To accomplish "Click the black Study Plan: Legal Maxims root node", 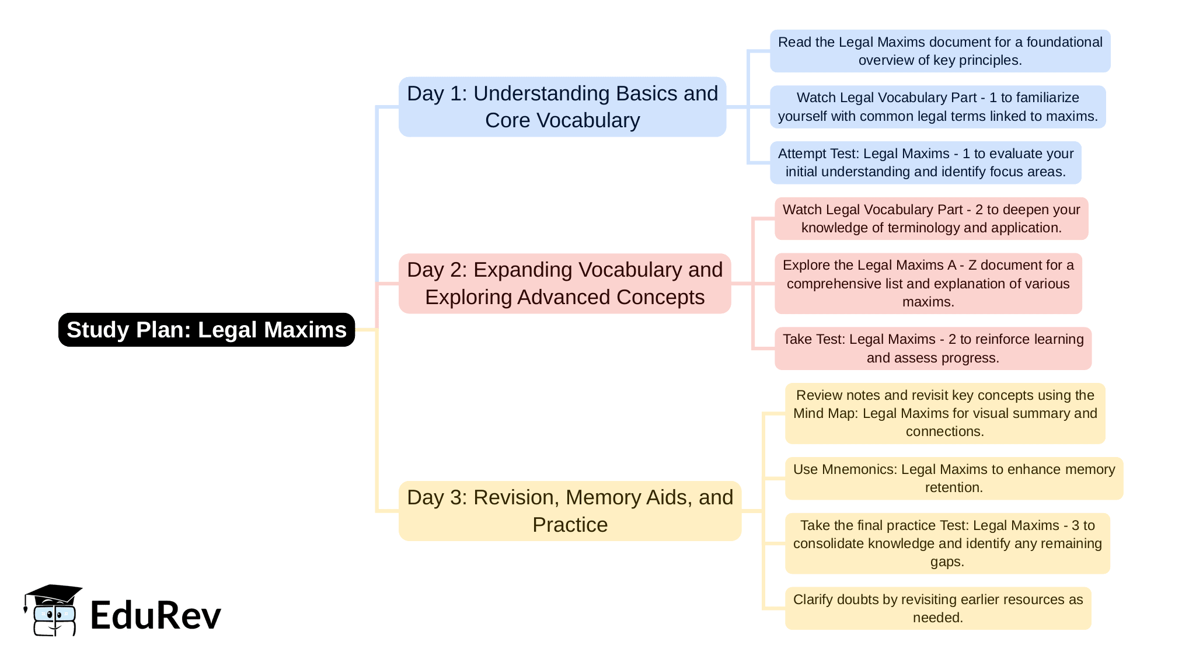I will pyautogui.click(x=206, y=330).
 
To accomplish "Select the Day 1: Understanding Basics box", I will pyautogui.click(x=562, y=107).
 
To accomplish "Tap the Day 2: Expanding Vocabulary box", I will pyautogui.click(x=564, y=284).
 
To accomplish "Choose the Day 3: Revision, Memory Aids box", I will pyautogui.click(x=570, y=511).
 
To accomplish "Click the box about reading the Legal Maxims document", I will pyautogui.click(x=940, y=51).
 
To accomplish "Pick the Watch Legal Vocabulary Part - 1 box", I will pyautogui.click(x=937, y=107).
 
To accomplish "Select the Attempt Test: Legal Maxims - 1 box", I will pyautogui.click(x=925, y=163).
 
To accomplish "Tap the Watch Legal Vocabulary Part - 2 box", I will pyautogui.click(x=931, y=219).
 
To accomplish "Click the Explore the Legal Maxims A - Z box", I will pyautogui.click(x=928, y=284).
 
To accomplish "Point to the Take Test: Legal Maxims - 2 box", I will pyautogui.click(x=933, y=348).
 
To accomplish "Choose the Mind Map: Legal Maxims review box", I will pyautogui.click(x=945, y=413).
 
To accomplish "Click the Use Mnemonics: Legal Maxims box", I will pyautogui.click(x=954, y=479).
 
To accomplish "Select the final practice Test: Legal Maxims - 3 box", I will pyautogui.click(x=947, y=543).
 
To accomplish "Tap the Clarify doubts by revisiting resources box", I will pyautogui.click(x=937, y=608).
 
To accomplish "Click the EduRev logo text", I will pyautogui.click(x=156, y=615).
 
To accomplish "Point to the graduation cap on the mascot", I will pyautogui.click(x=54, y=594).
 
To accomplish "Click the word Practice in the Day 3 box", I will pyautogui.click(x=570, y=525).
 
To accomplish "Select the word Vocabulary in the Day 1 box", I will pyautogui.click(x=588, y=120).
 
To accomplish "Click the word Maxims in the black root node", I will pyautogui.click(x=305, y=330).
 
